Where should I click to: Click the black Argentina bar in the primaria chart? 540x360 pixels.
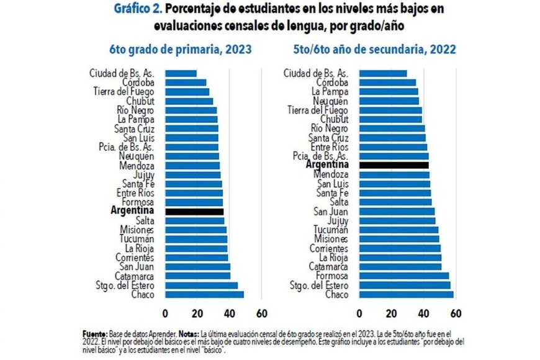[194, 212]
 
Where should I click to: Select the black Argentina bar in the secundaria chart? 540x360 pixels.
[394, 165]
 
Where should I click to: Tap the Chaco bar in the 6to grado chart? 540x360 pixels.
[204, 295]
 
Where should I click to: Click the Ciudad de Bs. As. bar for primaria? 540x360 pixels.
[181, 73]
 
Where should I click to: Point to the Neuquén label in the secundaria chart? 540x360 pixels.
[331, 101]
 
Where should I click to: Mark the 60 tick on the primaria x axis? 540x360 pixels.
[261, 312]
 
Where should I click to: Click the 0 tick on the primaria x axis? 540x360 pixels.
[165, 312]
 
